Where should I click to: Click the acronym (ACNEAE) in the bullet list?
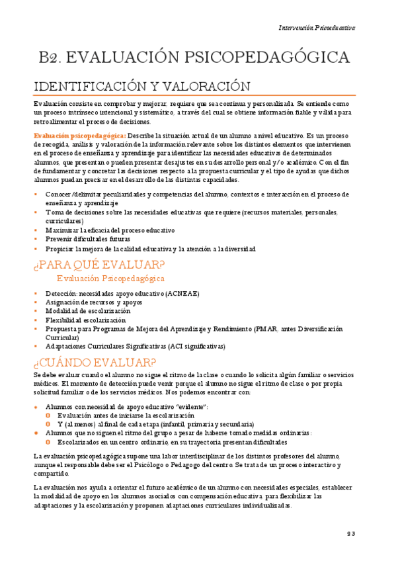pyautogui.click(x=183, y=293)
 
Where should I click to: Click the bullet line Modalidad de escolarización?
pyautogui.click(x=87, y=311)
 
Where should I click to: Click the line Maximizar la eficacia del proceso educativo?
pyautogui.click(x=110, y=230)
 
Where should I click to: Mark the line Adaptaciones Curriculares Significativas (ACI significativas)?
pyautogui.click(x=135, y=346)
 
